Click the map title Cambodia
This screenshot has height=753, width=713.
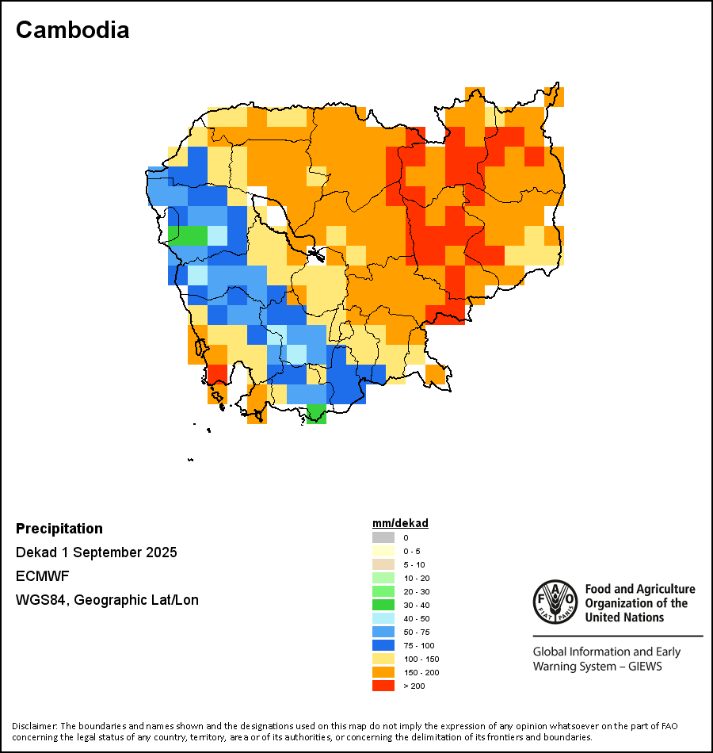coord(72,30)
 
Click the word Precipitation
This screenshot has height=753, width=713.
coord(59,529)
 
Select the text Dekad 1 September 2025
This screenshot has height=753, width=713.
coord(96,552)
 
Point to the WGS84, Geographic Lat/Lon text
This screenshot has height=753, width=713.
coord(107,600)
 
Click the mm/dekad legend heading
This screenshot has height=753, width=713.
coord(400,523)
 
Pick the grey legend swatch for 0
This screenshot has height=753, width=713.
coord(383,538)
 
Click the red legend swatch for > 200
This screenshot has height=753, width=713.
coord(383,686)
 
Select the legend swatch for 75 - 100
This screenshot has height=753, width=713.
coord(383,645)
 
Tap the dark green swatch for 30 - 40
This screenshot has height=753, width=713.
coord(383,605)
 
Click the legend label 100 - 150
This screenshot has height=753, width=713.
coord(421,659)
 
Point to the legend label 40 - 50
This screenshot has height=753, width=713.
coord(417,618)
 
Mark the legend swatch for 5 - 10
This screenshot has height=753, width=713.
coord(383,564)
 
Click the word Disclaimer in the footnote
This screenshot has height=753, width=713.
coord(34,726)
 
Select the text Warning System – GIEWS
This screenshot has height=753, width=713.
coord(597,667)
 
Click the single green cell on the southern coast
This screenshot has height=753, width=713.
coord(316,414)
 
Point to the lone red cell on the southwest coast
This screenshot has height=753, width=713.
coord(217,374)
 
